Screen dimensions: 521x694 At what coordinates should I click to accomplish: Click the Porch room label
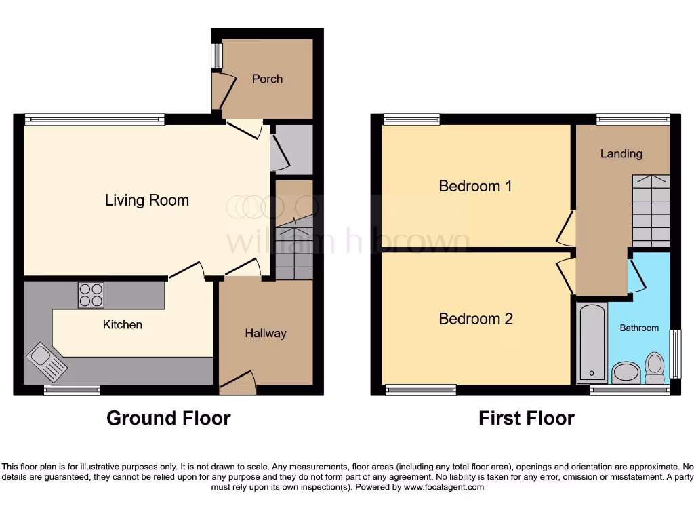point(267,79)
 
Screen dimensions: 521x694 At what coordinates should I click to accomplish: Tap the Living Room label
point(146,200)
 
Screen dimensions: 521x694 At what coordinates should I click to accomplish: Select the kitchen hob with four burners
point(91,295)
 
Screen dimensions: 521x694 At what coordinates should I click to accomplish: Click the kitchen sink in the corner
point(47,360)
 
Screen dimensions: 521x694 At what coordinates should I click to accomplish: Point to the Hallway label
point(265,333)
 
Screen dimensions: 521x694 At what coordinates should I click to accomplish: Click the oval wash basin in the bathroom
point(626,372)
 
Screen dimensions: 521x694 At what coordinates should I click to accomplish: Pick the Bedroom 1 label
point(475,186)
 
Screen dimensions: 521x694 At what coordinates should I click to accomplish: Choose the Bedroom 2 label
point(475,319)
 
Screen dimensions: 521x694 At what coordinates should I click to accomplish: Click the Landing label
point(621,153)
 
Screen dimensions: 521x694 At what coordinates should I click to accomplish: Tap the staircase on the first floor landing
point(651,210)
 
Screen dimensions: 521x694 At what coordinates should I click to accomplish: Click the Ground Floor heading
point(168,418)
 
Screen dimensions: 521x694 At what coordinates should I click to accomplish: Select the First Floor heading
point(526,418)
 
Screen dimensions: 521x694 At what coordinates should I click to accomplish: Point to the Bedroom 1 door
point(565,228)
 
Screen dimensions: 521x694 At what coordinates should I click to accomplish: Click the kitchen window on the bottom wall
point(72,390)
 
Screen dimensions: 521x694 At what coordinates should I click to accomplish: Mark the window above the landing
point(633,119)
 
